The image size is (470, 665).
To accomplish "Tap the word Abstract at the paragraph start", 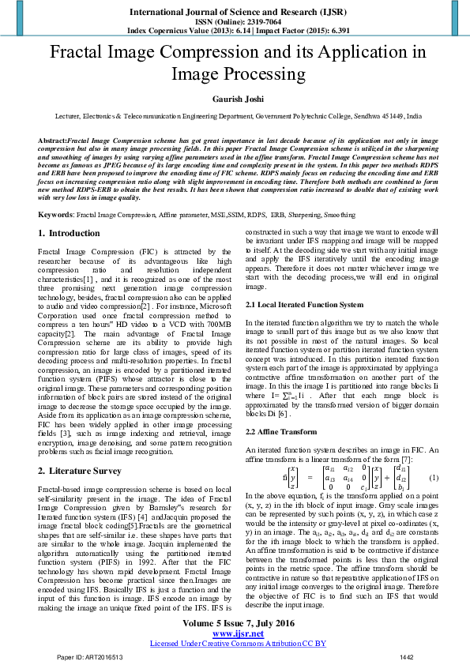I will pos(52,139).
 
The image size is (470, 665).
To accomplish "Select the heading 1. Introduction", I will pos(69,233).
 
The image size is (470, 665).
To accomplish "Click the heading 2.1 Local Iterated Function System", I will pos(304,305).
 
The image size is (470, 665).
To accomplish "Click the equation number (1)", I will pos(433,478).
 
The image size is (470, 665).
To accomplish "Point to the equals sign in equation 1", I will pos(311,478).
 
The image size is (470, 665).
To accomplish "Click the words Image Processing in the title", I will pos(235,75).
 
